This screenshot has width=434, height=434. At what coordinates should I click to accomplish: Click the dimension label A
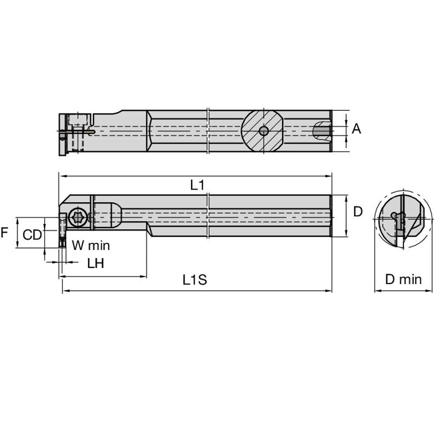(356, 129)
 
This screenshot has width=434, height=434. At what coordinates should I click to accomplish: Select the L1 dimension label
(198, 185)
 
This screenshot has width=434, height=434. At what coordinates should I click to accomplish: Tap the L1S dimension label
(195, 280)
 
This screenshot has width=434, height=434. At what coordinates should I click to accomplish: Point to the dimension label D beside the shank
(358, 211)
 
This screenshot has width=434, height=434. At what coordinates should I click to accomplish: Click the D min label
(403, 279)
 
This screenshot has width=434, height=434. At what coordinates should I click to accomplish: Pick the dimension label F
(5, 233)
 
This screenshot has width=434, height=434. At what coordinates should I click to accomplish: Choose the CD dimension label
(33, 235)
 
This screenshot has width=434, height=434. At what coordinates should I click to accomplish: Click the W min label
(90, 245)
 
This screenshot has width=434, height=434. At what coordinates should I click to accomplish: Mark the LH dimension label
(96, 263)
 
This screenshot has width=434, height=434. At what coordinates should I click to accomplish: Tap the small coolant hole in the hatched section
(263, 131)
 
